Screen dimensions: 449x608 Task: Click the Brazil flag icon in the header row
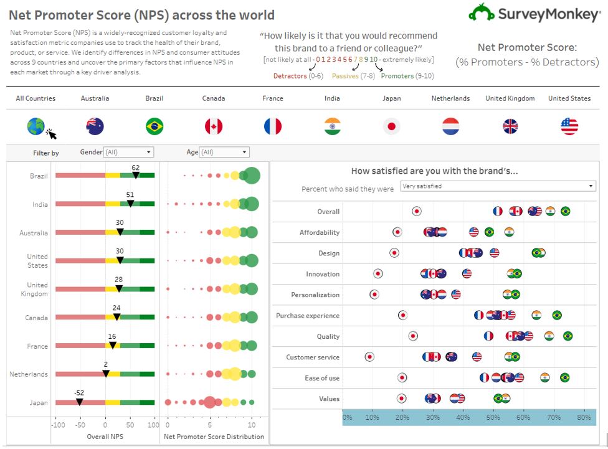[154, 126]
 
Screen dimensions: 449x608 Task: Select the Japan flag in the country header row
[392, 126]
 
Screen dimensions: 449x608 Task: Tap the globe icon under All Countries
[36, 126]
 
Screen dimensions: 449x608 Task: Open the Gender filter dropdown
[128, 153]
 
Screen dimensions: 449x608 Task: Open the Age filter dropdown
[224, 153]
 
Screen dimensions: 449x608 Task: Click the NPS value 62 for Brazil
[135, 168]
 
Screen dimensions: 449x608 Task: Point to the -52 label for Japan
[79, 393]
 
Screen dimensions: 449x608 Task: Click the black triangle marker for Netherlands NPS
[105, 374]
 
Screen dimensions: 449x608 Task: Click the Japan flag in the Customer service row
[369, 357]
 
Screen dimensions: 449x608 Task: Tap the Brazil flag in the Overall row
[565, 211]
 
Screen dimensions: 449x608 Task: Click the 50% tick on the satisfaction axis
[493, 417]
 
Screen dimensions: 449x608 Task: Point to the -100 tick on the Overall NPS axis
[59, 425]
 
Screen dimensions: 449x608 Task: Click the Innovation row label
[323, 274]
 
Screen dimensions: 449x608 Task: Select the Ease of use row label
[321, 378]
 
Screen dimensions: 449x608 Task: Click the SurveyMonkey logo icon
[481, 13]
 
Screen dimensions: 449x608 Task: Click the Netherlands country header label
[450, 98]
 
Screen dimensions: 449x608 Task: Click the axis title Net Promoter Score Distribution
[214, 437]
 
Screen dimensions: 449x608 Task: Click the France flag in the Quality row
[488, 336]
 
